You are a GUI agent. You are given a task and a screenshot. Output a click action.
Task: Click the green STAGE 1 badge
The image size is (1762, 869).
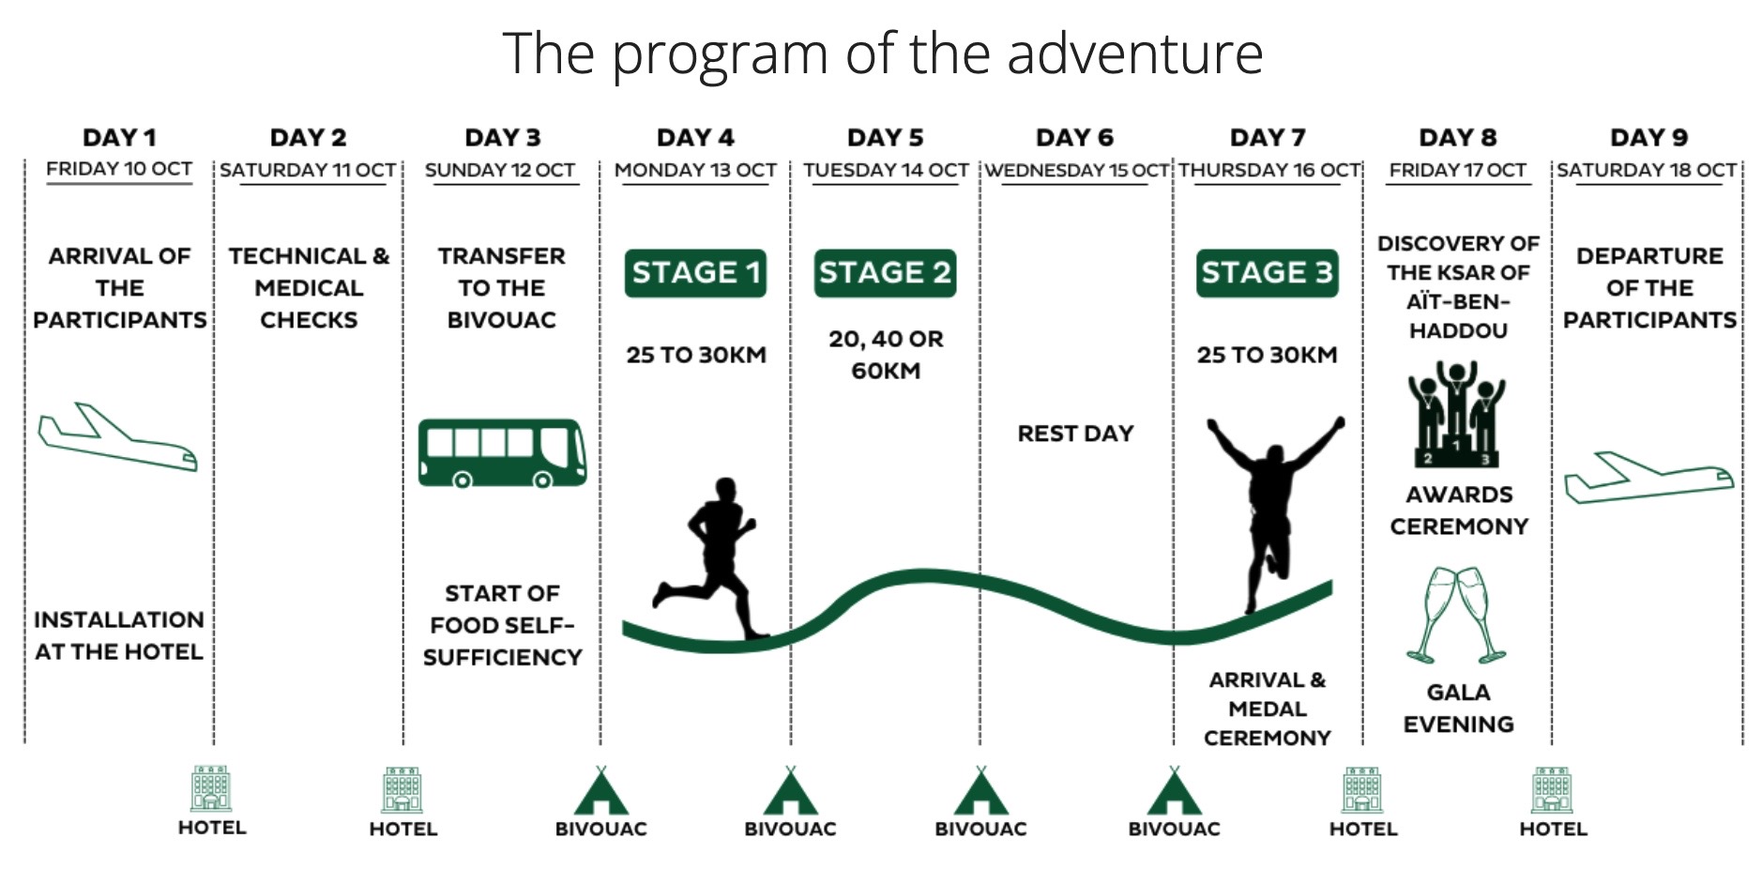pyautogui.click(x=695, y=273)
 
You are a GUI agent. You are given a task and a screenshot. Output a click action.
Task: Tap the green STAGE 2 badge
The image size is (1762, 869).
pyautogui.click(x=885, y=273)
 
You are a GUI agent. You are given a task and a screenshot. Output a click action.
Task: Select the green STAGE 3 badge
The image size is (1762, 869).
pyautogui.click(x=1267, y=273)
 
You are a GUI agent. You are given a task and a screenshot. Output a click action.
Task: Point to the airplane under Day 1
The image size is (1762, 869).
pyautogui.click(x=117, y=437)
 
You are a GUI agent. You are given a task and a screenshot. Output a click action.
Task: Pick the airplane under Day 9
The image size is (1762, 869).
pyautogui.click(x=1648, y=478)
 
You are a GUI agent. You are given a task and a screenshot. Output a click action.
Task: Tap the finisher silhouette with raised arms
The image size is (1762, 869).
pyautogui.click(x=1273, y=511)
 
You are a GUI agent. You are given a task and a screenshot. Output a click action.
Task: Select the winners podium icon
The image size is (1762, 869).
pyautogui.click(x=1457, y=414)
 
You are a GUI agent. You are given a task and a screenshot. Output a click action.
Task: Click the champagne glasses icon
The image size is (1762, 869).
pyautogui.click(x=1456, y=615)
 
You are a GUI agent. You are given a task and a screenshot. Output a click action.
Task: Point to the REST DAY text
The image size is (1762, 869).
pyautogui.click(x=1075, y=434)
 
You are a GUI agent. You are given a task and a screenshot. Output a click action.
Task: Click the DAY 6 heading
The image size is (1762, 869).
pyautogui.click(x=1074, y=138)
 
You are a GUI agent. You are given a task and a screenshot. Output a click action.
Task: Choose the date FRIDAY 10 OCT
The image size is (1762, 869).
pyautogui.click(x=119, y=169)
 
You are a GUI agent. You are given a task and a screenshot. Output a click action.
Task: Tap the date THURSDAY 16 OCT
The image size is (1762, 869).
pyautogui.click(x=1269, y=170)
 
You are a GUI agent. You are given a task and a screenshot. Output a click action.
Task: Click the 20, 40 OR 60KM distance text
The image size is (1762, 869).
pyautogui.click(x=886, y=355)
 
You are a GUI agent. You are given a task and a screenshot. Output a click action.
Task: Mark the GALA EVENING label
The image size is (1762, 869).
pyautogui.click(x=1458, y=709)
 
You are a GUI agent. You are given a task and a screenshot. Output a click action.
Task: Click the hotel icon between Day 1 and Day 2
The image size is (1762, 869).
pyautogui.click(x=211, y=788)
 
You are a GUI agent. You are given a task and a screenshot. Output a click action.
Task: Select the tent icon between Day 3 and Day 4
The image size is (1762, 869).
pyautogui.click(x=600, y=790)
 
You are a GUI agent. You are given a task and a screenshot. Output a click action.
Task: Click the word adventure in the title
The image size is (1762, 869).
pyautogui.click(x=1135, y=53)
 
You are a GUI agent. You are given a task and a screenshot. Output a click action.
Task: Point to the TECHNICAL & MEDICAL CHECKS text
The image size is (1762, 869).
pyautogui.click(x=309, y=288)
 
